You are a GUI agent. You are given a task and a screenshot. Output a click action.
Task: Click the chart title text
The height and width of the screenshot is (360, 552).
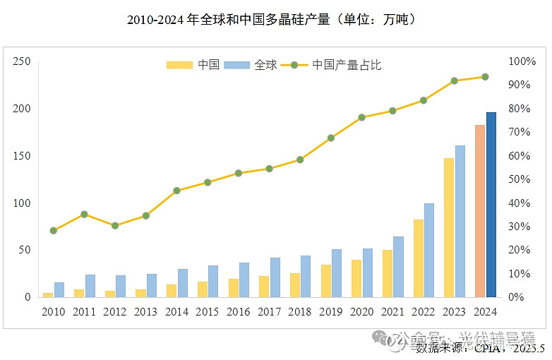[x=275, y=20]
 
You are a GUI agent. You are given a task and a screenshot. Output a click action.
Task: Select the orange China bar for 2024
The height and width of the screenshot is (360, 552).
[x=480, y=212]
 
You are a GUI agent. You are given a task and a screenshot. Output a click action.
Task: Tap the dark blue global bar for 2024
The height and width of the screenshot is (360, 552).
[x=491, y=205]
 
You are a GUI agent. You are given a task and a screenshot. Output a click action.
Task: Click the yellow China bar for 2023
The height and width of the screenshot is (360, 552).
[x=449, y=227]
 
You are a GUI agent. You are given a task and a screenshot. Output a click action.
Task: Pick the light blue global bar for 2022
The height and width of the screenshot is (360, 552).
[x=429, y=250]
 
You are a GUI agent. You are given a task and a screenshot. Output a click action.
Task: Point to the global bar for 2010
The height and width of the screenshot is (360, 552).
[x=59, y=290]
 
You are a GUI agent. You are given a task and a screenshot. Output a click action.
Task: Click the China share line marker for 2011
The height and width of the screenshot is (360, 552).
[x=84, y=214]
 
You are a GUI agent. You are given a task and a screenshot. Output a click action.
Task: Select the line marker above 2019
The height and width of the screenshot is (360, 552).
[x=331, y=138]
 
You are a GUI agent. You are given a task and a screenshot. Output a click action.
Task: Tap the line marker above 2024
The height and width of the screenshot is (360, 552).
[x=485, y=77]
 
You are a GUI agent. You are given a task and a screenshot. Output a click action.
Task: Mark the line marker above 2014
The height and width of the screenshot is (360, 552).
[x=176, y=191]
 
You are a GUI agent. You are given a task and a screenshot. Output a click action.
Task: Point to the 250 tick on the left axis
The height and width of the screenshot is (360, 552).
[x=22, y=61]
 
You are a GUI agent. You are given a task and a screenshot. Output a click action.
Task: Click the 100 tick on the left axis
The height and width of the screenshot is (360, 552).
[x=22, y=203]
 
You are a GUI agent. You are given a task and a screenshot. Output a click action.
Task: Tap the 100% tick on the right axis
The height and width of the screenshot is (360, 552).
[x=523, y=61]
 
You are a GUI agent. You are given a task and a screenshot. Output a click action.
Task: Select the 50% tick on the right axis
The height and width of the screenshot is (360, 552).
[x=521, y=179]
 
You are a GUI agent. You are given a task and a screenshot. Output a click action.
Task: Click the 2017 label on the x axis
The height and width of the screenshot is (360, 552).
[x=270, y=311]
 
